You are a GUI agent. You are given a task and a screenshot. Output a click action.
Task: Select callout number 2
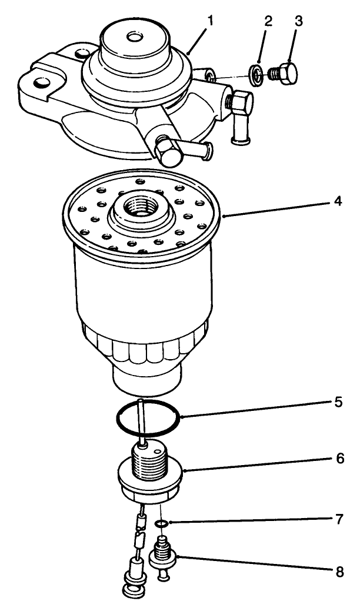tap(268, 22)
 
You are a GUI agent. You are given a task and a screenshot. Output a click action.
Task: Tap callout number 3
tap(299, 22)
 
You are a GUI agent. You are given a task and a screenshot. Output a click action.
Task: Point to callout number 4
tap(337, 201)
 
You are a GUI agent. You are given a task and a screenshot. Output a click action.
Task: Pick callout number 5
tap(337, 403)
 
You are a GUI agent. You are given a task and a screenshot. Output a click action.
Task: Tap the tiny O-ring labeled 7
tap(161, 522)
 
